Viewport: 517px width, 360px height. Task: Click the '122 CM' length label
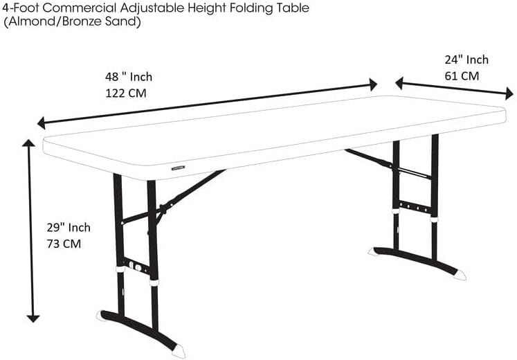click(126, 93)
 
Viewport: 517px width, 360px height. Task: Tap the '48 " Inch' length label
click(129, 77)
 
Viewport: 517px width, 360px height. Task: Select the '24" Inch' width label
click(466, 60)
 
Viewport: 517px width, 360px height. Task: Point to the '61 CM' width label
click(462, 76)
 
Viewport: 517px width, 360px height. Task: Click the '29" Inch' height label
click(69, 228)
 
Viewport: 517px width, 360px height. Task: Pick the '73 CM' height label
click(64, 244)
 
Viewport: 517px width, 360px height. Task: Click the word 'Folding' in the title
click(250, 8)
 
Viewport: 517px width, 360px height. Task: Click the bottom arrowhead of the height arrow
click(33, 318)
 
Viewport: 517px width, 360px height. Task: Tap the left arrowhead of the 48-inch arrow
click(41, 123)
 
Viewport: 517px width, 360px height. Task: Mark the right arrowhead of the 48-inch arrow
click(374, 84)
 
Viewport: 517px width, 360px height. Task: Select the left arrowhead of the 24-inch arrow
click(399, 83)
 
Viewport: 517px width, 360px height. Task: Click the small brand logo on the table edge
click(178, 168)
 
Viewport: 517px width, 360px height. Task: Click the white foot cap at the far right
click(460, 275)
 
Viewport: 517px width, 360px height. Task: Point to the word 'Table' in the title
click(291, 8)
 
